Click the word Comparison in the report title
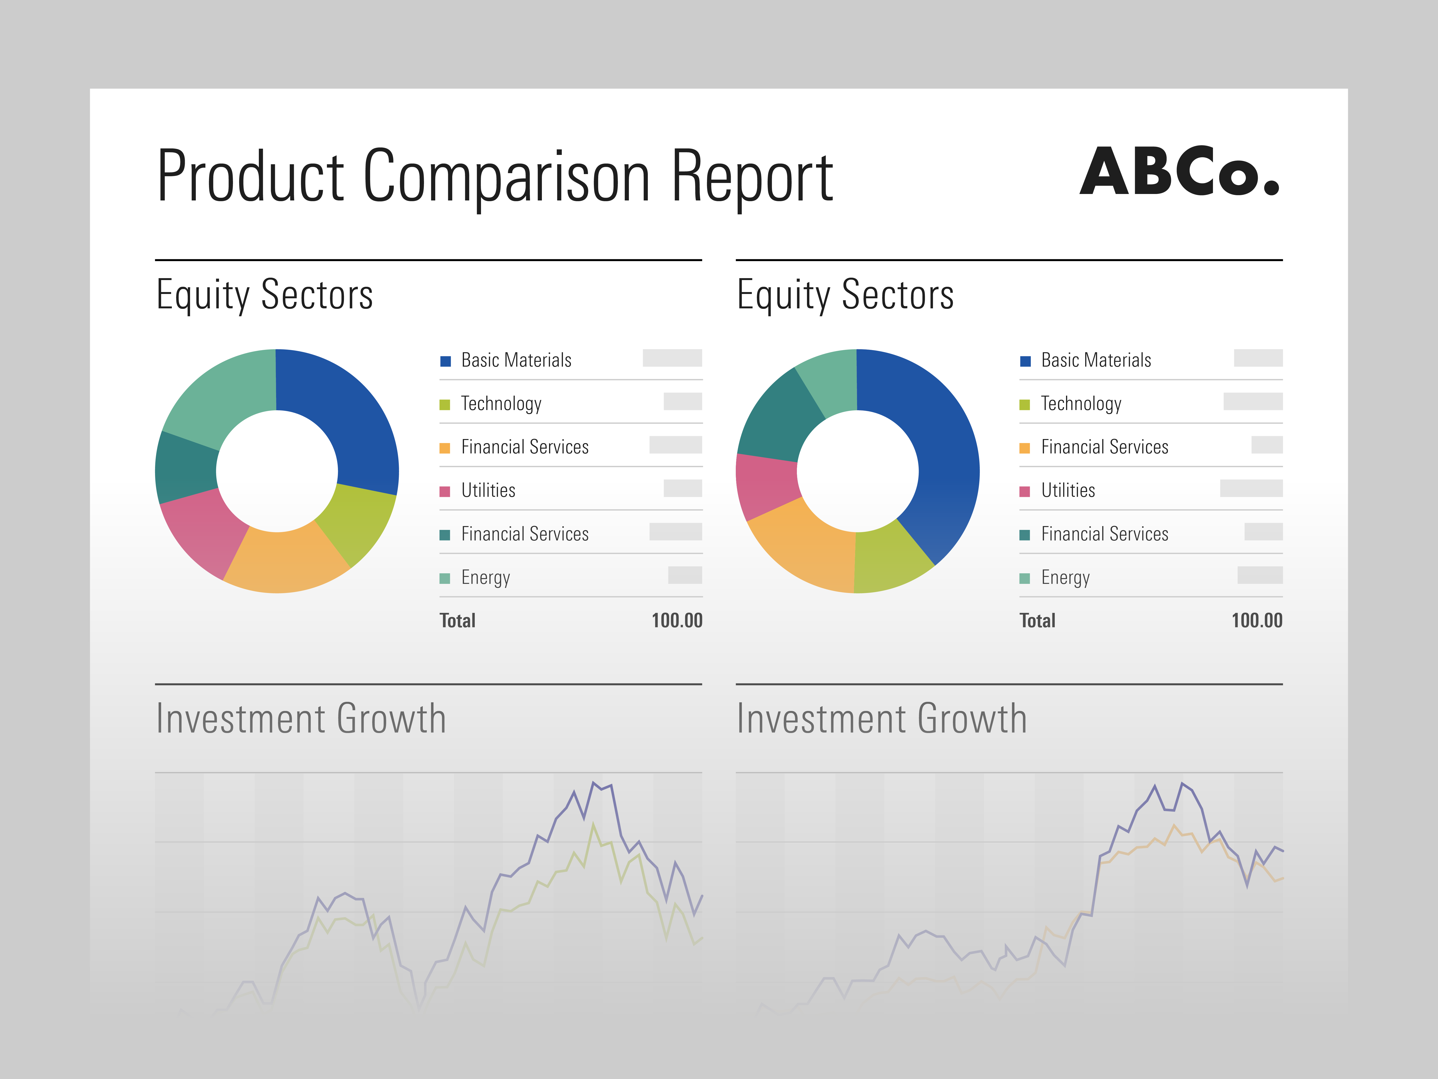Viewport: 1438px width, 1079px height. pos(506,176)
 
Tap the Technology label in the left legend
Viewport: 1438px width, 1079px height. pos(501,404)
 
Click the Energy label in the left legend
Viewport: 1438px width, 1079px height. pos(485,578)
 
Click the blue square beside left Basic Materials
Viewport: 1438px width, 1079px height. pos(445,361)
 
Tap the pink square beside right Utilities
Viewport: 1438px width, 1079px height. pos(1025,491)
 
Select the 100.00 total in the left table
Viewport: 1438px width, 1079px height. pos(677,621)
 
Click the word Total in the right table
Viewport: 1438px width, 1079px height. pos(1037,621)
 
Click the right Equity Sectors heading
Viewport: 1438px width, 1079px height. pos(845,295)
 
